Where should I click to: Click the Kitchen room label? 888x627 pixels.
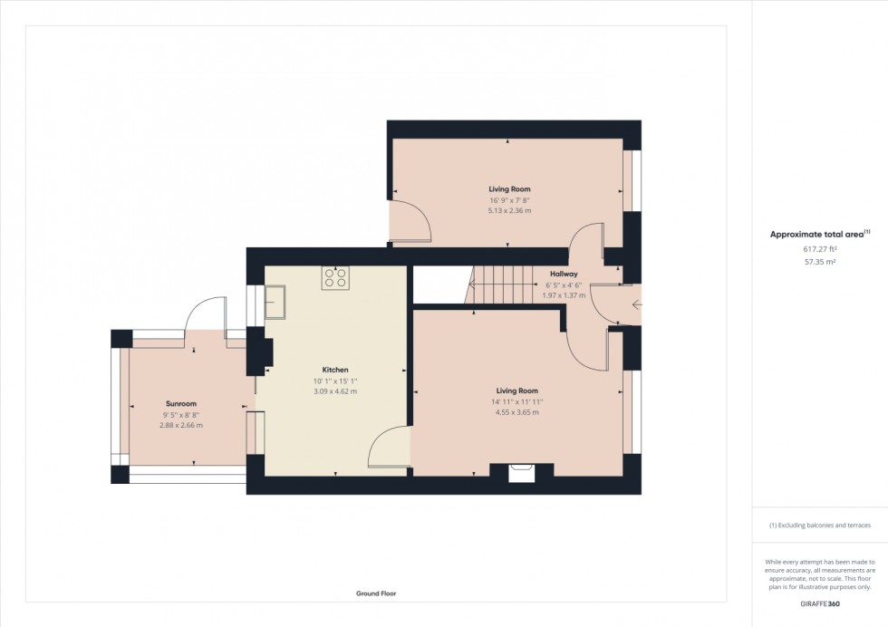coord(335,370)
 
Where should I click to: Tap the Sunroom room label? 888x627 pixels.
coord(181,403)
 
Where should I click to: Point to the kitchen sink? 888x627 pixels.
coord(276,302)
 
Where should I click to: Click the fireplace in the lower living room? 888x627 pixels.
coord(521,471)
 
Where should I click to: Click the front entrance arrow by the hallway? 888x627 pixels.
coord(636,305)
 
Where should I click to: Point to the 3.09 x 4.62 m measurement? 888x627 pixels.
coord(335,391)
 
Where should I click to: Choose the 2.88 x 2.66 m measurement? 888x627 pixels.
coord(181,425)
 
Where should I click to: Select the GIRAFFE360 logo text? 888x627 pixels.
coord(819,603)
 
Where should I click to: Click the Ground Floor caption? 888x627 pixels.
coord(375,593)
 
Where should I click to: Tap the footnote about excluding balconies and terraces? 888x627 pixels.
coord(819,526)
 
